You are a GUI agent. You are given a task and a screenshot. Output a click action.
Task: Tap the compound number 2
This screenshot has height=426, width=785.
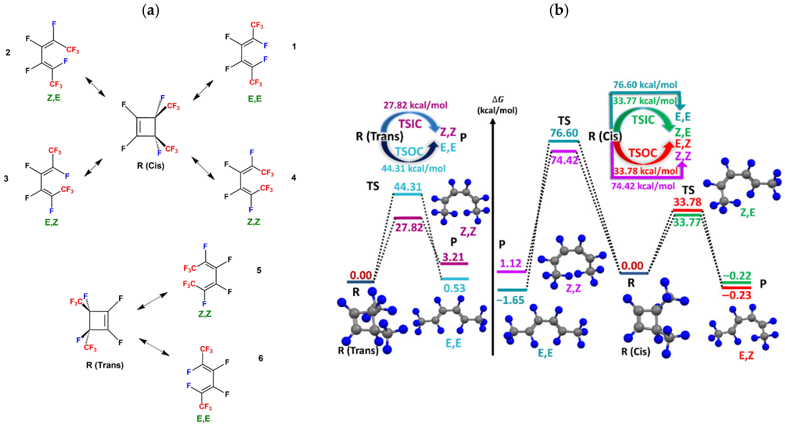coord(8,52)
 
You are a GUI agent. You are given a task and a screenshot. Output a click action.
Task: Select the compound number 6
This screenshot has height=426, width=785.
coord(261,358)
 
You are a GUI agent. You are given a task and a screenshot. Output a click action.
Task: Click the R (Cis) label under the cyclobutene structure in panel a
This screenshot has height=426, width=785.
coord(151,166)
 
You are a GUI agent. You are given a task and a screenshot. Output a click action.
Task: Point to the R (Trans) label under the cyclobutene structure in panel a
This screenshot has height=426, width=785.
coord(105,365)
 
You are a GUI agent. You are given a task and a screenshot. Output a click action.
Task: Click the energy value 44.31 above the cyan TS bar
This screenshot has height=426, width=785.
coord(408,187)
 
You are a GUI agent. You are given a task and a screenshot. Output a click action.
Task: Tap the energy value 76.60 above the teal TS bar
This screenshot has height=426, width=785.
coord(564,133)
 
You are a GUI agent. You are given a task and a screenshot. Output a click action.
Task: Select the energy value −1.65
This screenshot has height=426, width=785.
coord(510,300)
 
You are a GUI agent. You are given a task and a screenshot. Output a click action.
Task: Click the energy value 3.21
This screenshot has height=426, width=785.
coord(453,257)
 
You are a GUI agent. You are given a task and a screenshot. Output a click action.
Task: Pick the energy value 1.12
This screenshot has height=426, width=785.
coord(511,263)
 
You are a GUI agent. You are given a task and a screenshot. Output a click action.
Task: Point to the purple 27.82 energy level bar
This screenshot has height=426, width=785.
coord(408,218)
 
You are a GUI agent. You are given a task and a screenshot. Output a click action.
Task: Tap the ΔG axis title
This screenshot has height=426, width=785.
coord(497,105)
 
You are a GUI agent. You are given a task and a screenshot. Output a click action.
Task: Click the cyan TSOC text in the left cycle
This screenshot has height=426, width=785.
coord(409,151)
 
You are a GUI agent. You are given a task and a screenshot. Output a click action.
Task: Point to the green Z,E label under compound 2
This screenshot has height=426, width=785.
coord(54,98)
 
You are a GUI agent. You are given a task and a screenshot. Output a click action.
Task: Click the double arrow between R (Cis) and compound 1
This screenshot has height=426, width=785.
coord(203,90)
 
